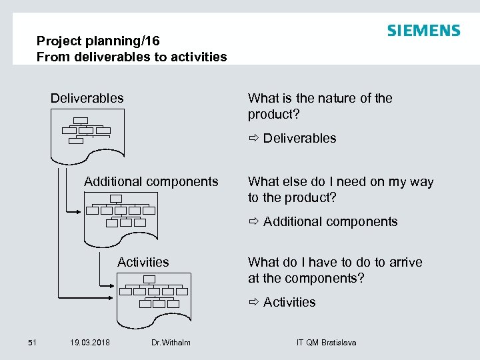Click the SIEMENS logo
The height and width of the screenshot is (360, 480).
[423, 31]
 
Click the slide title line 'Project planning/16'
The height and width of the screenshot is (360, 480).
[98, 41]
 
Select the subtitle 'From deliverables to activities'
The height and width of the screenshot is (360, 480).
[131, 57]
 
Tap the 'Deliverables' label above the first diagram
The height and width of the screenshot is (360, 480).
[87, 98]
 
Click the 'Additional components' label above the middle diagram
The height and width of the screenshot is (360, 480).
[151, 181]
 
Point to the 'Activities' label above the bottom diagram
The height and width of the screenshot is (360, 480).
[143, 262]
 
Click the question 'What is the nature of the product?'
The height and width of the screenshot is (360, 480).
[320, 106]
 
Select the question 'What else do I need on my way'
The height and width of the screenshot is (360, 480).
[341, 181]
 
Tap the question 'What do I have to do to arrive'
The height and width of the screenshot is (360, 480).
[335, 262]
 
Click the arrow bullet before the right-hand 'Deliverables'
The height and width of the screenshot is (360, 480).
[254, 139]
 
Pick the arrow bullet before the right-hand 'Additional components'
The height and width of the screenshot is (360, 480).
[254, 222]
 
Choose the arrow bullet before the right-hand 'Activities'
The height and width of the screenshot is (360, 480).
[254, 303]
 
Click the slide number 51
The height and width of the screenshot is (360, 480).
[31, 343]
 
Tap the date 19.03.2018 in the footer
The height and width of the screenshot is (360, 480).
[90, 343]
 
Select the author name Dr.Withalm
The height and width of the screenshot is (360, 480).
[171, 343]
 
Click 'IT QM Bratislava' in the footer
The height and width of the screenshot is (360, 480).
[326, 343]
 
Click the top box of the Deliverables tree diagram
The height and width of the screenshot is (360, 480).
[81, 121]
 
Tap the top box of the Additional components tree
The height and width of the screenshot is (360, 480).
[116, 198]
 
